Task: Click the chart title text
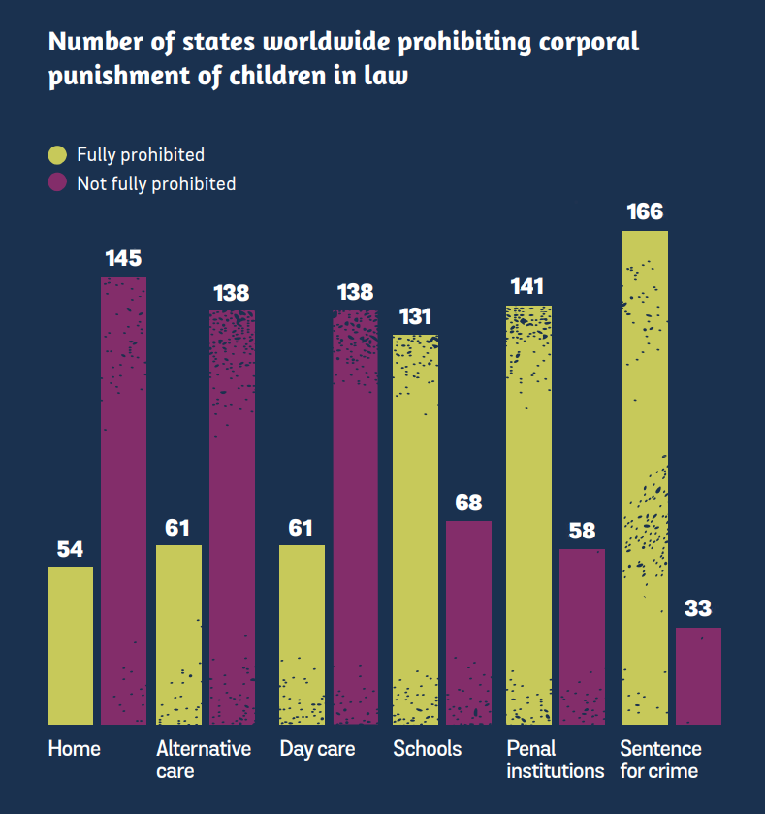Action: click(344, 58)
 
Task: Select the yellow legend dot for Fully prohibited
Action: click(57, 154)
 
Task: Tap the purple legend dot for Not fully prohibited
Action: click(57, 182)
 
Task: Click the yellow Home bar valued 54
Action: click(70, 645)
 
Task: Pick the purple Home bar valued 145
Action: click(123, 501)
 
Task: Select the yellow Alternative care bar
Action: click(178, 635)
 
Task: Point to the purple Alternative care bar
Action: click(232, 517)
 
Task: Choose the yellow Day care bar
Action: click(302, 635)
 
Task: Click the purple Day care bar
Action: click(355, 517)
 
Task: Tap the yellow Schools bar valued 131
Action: click(415, 530)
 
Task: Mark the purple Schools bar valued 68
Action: click(468, 622)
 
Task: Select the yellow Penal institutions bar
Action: click(528, 515)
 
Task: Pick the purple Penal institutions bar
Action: click(582, 636)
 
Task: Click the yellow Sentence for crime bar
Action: click(645, 477)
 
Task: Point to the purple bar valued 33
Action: click(698, 675)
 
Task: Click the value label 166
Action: click(645, 212)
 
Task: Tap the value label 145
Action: click(123, 258)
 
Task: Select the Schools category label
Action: click(427, 749)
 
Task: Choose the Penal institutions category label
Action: click(555, 760)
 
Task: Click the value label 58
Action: click(582, 531)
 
